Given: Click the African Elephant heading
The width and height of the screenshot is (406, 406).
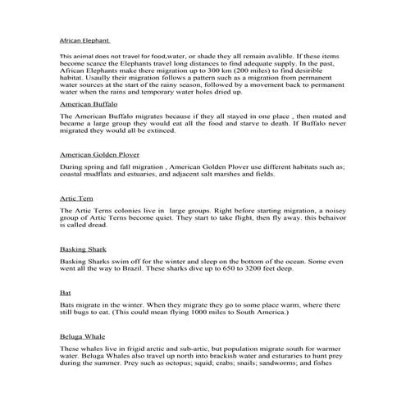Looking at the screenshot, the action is click(84, 39).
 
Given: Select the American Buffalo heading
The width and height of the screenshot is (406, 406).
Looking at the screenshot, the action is click(89, 105).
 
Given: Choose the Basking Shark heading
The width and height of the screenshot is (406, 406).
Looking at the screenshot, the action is click(84, 248).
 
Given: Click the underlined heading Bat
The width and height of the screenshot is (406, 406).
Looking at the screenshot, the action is click(66, 292).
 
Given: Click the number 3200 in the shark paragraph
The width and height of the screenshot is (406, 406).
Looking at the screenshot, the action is click(266, 268).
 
